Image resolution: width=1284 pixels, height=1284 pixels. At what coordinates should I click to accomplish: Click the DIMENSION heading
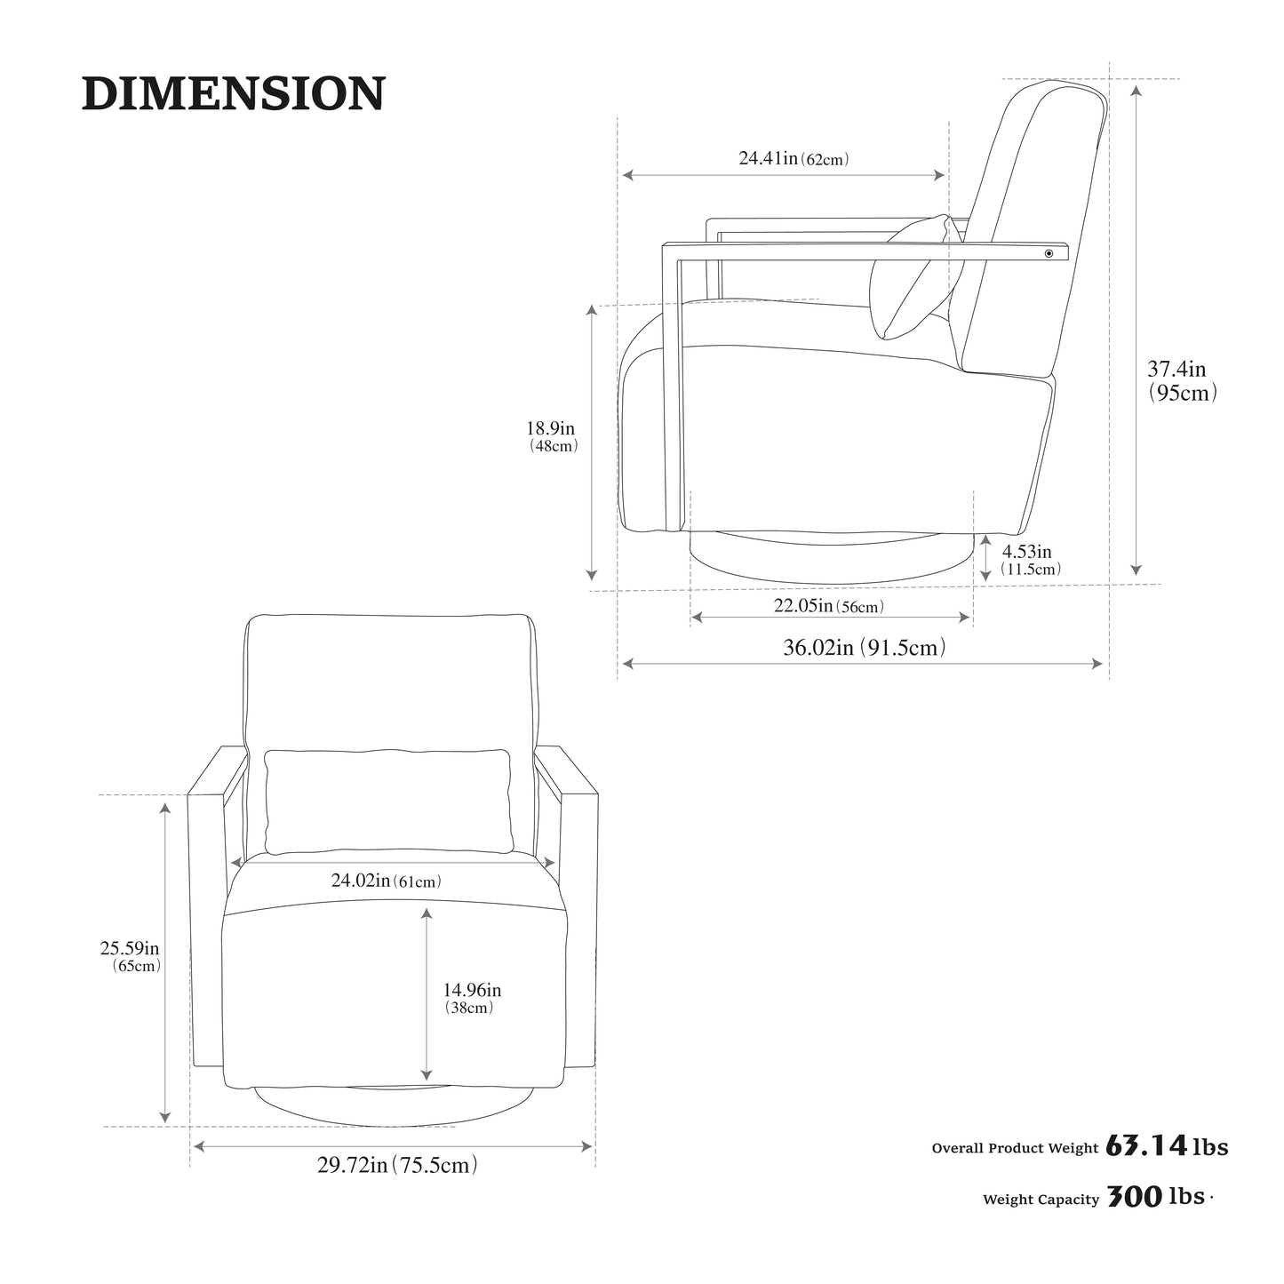[233, 93]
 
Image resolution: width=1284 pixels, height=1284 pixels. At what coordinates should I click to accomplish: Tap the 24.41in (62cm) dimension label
[793, 158]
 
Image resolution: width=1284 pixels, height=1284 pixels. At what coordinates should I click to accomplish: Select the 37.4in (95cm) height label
[1182, 380]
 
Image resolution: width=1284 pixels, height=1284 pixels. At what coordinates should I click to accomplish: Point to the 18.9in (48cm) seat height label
[553, 436]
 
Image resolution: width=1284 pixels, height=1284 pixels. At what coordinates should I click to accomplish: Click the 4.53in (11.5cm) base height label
[1030, 560]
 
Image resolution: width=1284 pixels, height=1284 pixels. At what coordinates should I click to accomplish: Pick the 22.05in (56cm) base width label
[829, 606]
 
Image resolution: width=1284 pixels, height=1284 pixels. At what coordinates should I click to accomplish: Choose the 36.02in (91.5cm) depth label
[865, 647]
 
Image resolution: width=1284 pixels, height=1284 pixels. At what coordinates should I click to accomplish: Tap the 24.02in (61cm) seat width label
[387, 881]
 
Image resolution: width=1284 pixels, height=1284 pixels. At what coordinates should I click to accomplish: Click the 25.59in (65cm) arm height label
[131, 956]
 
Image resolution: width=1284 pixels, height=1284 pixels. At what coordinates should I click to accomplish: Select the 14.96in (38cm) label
[471, 998]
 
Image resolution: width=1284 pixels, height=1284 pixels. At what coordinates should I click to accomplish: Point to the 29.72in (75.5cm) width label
[397, 1165]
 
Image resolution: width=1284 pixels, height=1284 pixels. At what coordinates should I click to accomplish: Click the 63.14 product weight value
[1146, 1146]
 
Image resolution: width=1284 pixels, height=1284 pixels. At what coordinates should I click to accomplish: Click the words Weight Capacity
[1041, 1200]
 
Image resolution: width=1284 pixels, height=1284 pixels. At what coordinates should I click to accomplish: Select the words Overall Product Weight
[1015, 1148]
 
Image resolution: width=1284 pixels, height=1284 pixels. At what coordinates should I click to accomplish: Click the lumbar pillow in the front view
[388, 802]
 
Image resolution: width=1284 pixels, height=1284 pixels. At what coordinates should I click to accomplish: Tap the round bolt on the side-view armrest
[1049, 253]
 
